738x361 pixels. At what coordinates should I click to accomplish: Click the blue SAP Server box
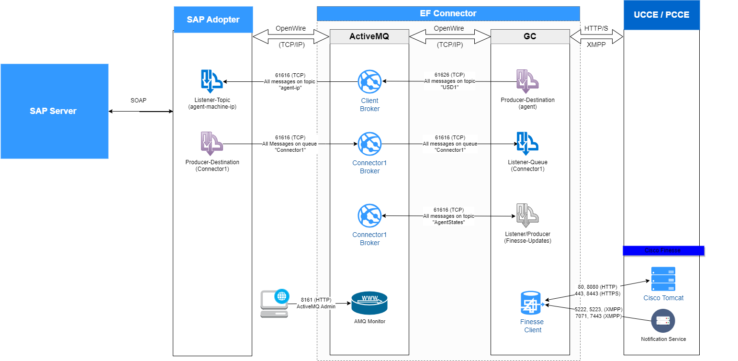pos(54,111)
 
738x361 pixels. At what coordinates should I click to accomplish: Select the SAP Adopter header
pos(213,20)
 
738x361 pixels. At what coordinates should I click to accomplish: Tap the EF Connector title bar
pos(448,13)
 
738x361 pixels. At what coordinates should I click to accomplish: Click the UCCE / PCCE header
pos(661,15)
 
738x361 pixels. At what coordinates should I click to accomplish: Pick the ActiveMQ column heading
pos(369,36)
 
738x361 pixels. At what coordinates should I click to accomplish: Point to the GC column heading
pos(530,36)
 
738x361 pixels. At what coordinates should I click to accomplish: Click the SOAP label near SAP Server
pos(138,101)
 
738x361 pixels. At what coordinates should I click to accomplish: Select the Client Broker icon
pos(369,81)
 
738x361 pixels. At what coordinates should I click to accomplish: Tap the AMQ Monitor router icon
pos(369,303)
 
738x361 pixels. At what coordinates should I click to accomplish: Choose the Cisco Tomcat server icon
pos(663,279)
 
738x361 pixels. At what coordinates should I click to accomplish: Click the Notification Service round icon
pos(663,321)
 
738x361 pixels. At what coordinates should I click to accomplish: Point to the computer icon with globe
pos(275,304)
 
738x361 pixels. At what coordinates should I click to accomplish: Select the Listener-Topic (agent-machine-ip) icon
pos(211,81)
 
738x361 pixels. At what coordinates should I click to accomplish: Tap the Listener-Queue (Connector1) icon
pos(527,143)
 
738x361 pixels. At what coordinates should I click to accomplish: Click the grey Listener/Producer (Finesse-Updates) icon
pos(527,216)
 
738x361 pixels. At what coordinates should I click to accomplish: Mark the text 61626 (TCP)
pos(449,75)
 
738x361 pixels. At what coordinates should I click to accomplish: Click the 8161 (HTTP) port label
pos(316,300)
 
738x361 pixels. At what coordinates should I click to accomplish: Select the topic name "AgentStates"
pos(449,223)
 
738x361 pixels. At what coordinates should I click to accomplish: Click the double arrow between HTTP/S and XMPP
pos(596,36)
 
